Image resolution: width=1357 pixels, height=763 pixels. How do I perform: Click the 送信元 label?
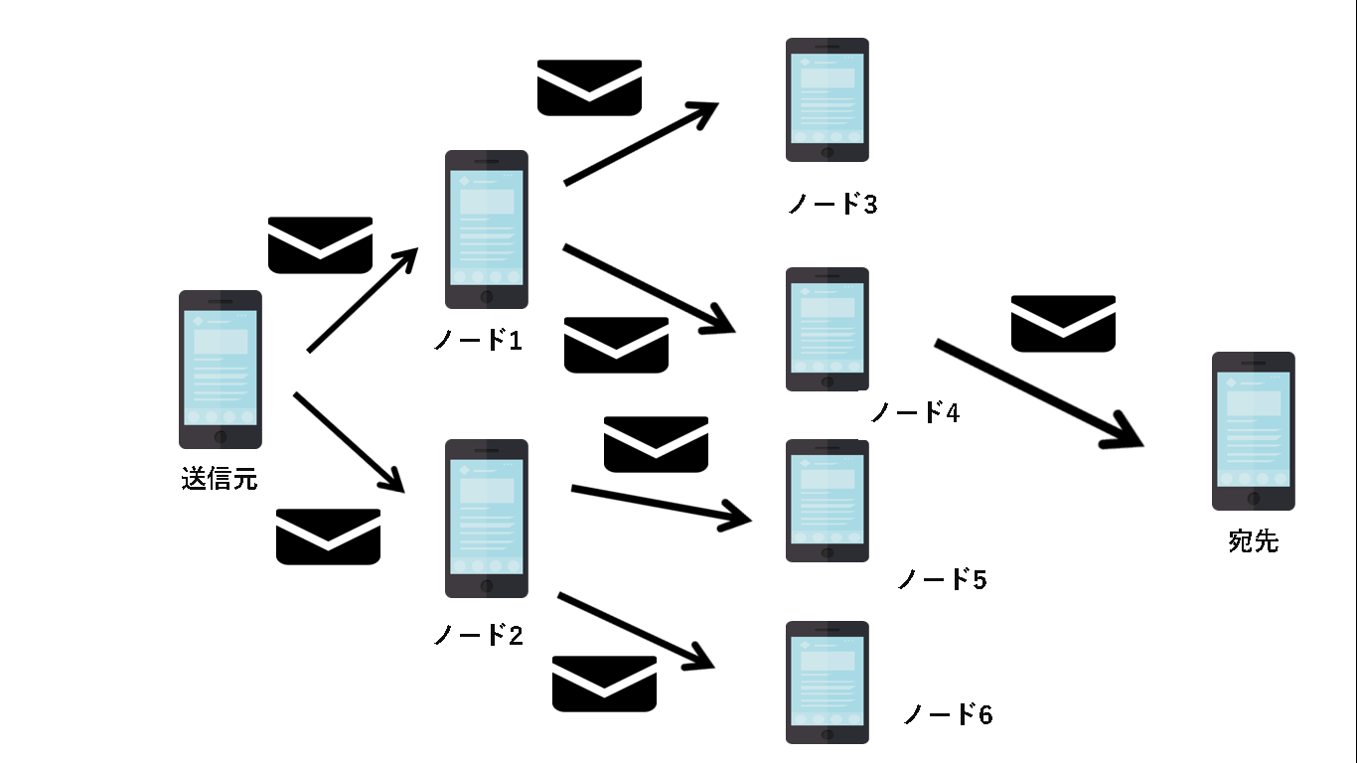point(220,479)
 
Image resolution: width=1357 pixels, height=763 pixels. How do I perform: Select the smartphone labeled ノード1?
point(486,229)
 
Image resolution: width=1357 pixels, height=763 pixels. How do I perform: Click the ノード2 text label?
point(478,635)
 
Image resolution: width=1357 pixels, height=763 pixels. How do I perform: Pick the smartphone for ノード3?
point(828,99)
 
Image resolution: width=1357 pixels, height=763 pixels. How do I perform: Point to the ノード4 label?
point(915,411)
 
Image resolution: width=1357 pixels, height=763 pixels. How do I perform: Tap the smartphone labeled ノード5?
point(828,501)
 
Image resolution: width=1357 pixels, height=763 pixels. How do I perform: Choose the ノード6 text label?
point(948,713)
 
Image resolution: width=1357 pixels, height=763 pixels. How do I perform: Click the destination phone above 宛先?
point(1254,431)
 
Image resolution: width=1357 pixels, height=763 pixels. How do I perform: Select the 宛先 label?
point(1254,541)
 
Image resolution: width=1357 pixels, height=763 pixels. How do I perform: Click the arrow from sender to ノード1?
point(363,300)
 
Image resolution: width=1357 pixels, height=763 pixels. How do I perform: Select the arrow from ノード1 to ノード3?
point(641,144)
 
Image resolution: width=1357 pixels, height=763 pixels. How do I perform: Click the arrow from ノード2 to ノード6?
point(636,631)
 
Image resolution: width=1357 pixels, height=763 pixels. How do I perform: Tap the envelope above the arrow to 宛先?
point(1063,323)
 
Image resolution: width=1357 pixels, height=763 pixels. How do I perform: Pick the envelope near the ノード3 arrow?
point(589,87)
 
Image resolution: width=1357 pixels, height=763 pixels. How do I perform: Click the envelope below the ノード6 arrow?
point(604,684)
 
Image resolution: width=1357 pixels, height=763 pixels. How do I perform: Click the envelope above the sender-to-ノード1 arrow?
point(321,244)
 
